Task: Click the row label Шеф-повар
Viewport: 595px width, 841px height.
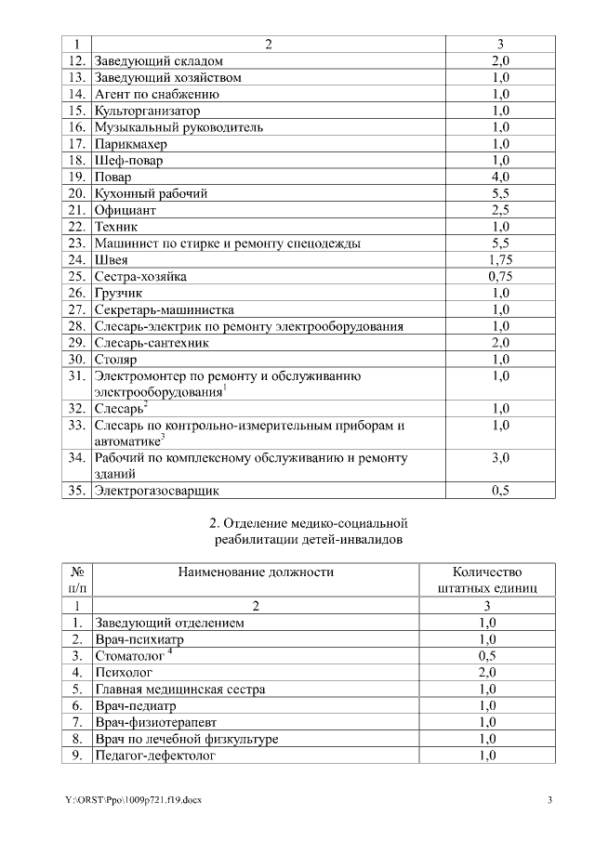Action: point(128,161)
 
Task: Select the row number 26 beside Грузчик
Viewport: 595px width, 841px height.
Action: point(77,294)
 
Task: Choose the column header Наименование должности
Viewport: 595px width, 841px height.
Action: point(255,572)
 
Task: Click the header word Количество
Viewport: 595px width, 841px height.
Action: point(487,572)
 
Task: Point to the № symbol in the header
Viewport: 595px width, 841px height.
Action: point(78,572)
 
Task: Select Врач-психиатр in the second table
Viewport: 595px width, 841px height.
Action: point(139,639)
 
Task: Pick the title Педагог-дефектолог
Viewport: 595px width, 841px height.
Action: point(154,756)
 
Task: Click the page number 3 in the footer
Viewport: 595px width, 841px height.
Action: point(549,801)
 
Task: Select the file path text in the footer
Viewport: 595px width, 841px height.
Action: point(133,801)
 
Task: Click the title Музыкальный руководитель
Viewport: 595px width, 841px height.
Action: point(178,127)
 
